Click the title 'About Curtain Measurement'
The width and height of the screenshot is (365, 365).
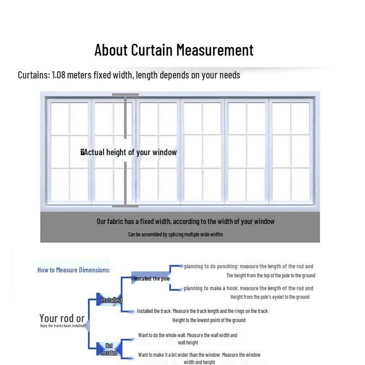(x=174, y=50)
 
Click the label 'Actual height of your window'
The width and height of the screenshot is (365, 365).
(x=130, y=152)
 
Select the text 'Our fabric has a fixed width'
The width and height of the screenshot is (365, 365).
(x=134, y=222)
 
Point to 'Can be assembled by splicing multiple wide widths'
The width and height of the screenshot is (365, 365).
(x=175, y=235)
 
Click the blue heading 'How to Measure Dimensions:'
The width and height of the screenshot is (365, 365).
(x=73, y=270)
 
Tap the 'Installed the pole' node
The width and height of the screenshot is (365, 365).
(x=151, y=279)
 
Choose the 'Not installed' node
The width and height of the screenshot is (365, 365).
(x=109, y=349)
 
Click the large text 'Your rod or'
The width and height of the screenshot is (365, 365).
(x=62, y=318)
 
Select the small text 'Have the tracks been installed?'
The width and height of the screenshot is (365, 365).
(x=63, y=326)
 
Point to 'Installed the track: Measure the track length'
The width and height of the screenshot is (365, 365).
(x=202, y=311)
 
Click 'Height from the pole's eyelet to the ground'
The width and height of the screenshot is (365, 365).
(x=270, y=297)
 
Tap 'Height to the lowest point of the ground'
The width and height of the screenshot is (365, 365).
(x=209, y=320)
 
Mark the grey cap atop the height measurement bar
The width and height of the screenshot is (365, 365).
(x=125, y=95)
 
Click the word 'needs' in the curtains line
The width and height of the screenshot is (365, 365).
(x=229, y=75)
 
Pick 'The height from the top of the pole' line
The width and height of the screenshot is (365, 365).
(x=271, y=276)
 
